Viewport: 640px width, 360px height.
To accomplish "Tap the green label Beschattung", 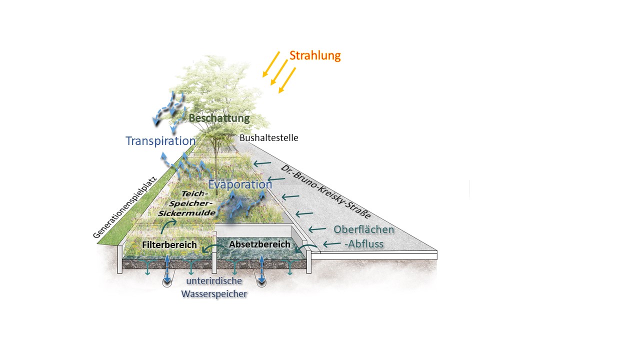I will [219, 118].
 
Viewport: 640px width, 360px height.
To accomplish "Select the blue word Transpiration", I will [160, 141].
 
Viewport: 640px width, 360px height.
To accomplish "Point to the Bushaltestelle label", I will [268, 137].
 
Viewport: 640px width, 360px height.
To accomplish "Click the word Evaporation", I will [240, 184].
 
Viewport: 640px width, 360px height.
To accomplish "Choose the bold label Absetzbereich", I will [259, 244].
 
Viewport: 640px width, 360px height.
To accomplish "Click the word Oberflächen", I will [363, 230].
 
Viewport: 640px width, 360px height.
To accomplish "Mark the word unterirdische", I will [214, 281].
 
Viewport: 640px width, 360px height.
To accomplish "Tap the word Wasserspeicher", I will [214, 294].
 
